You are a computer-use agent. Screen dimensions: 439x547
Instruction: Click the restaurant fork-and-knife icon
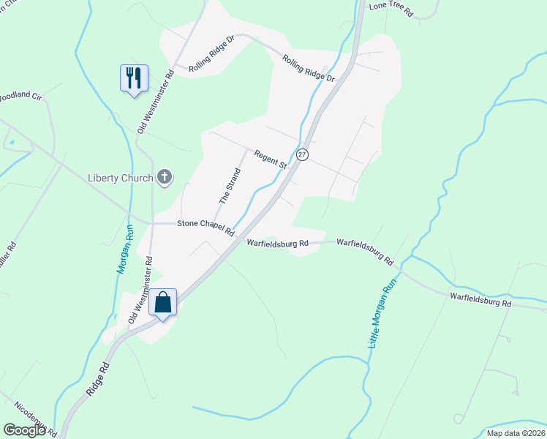click(x=134, y=77)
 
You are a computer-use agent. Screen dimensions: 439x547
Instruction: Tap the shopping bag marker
click(x=163, y=301)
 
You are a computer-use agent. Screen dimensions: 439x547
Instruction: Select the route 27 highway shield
click(x=302, y=154)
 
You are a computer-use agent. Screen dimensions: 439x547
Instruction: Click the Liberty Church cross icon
click(x=165, y=176)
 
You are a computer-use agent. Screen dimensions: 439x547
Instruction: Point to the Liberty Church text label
click(x=120, y=178)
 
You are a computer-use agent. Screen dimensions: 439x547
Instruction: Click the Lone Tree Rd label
click(x=391, y=9)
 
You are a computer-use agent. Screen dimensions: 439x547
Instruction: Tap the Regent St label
click(x=270, y=159)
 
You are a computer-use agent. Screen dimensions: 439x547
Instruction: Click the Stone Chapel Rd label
click(x=205, y=228)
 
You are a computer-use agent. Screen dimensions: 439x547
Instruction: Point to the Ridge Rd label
click(x=98, y=378)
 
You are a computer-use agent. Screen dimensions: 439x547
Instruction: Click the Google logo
click(x=24, y=430)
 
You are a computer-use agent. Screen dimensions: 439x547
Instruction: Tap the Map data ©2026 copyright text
click(x=516, y=433)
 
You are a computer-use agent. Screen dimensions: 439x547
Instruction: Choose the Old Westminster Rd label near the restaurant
click(x=155, y=101)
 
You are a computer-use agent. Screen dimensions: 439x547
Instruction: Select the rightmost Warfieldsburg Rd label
click(x=480, y=299)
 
